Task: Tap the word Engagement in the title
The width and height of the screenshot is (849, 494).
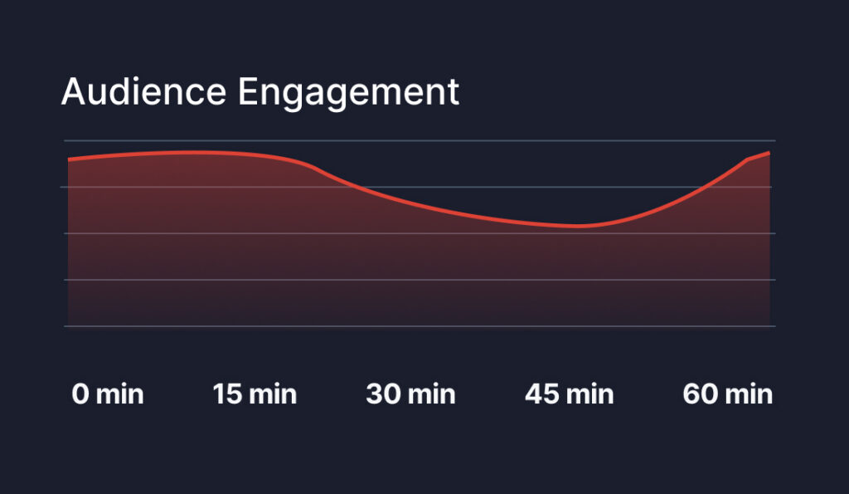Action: pyautogui.click(x=348, y=93)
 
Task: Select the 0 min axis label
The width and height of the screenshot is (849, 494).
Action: pyautogui.click(x=108, y=394)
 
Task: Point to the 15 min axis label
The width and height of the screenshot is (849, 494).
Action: pyautogui.click(x=255, y=394)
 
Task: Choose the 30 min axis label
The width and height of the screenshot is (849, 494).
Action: pyautogui.click(x=410, y=394)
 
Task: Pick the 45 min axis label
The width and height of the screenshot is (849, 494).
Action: pyautogui.click(x=570, y=394)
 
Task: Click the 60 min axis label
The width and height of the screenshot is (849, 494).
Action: pyautogui.click(x=728, y=394)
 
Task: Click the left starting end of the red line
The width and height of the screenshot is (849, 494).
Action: pyautogui.click(x=68, y=159)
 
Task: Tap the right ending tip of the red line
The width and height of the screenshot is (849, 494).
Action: pyautogui.click(x=769, y=153)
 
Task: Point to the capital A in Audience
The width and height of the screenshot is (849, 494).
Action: pyautogui.click(x=74, y=91)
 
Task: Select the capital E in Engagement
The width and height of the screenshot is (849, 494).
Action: pyautogui.click(x=248, y=91)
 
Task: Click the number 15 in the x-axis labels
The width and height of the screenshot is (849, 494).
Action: pyautogui.click(x=227, y=394)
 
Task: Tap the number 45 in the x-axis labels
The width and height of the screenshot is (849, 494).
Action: pyautogui.click(x=542, y=394)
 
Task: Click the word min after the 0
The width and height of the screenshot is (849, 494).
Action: pyautogui.click(x=119, y=394)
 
